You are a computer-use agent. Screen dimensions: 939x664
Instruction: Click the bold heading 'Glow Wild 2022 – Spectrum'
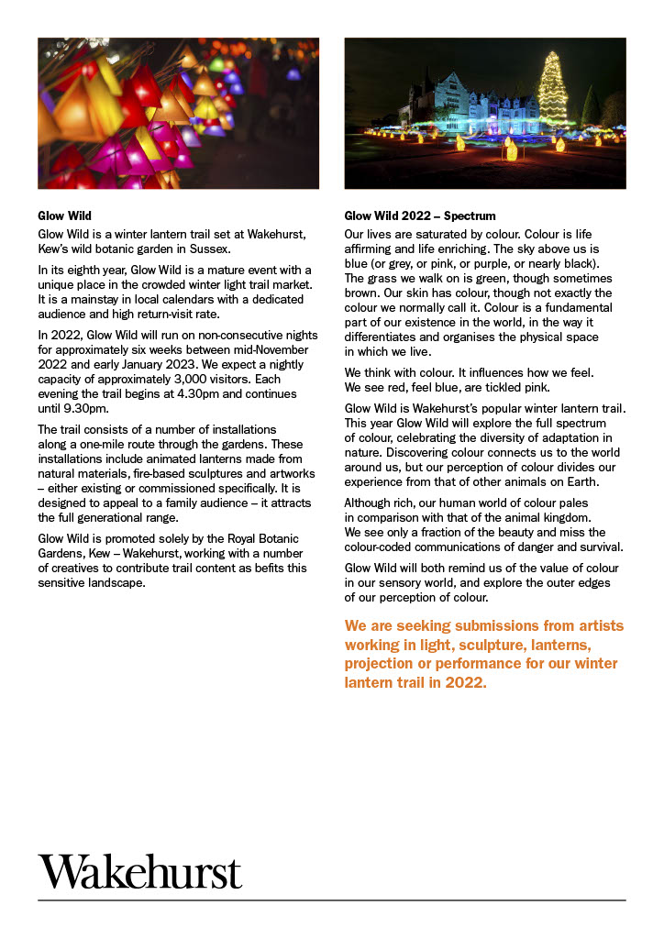[x=419, y=216]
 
